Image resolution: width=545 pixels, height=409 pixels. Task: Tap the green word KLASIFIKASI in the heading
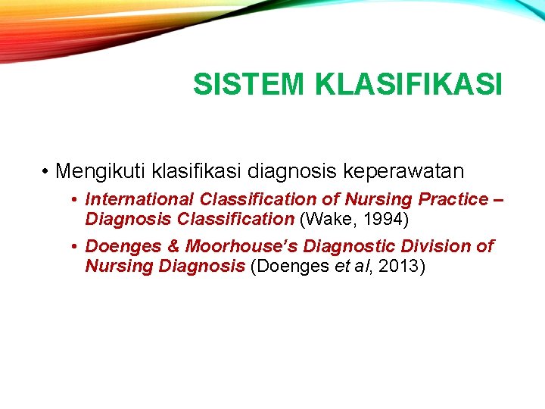pos(409,85)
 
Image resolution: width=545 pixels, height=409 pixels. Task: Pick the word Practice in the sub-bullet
pos(454,199)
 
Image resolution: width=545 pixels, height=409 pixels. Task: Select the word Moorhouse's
pos(233,246)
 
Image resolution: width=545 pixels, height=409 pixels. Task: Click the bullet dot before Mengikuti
pos(46,171)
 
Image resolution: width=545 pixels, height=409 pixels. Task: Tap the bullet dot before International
pos(75,200)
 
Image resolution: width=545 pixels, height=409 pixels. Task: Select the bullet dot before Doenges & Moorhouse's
pos(75,247)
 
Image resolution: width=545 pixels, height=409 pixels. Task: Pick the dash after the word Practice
pos(498,199)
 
